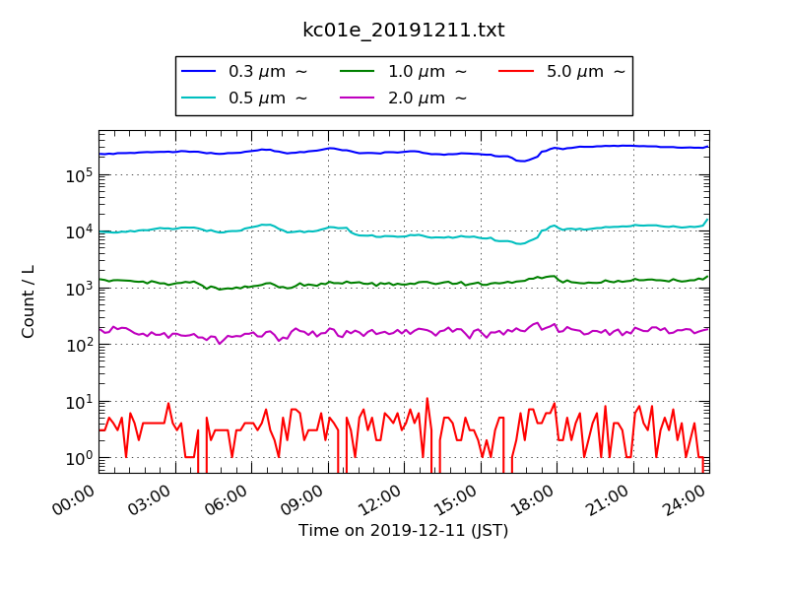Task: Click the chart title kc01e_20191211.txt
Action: (403, 31)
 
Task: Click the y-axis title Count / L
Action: (29, 301)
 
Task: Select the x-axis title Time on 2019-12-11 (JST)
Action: (403, 531)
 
